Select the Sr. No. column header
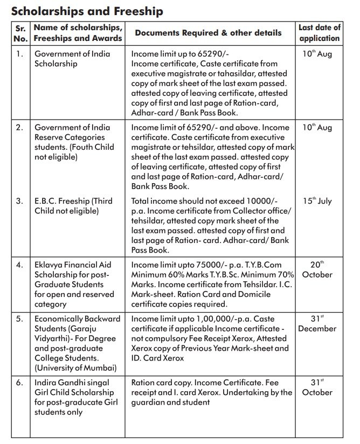[x=20, y=33]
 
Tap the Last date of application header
[x=320, y=33]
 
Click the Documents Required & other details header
[x=208, y=33]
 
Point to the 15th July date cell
[x=317, y=201]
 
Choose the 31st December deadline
[x=317, y=323]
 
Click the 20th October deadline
[x=317, y=269]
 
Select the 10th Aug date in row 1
[x=317, y=54]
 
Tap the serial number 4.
[x=19, y=265]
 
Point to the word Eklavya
[x=50, y=265]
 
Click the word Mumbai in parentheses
[x=100, y=367]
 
